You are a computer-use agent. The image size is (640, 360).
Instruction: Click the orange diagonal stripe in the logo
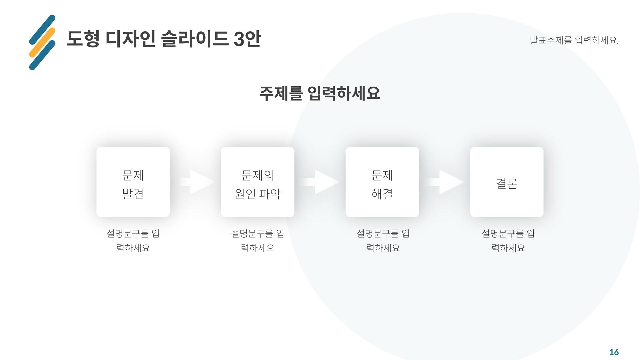click(42, 42)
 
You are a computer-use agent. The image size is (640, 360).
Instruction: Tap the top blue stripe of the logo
click(42, 29)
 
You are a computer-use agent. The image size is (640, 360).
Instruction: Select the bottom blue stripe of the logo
click(42, 55)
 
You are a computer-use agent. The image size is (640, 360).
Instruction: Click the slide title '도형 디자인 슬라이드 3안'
click(163, 39)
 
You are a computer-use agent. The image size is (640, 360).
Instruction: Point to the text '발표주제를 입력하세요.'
click(574, 40)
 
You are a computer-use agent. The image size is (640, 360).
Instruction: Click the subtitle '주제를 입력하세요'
click(320, 93)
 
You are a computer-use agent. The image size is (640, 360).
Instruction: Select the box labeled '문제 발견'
click(133, 182)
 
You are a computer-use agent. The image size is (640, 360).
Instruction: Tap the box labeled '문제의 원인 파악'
click(257, 182)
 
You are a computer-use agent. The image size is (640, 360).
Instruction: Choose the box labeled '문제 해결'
click(382, 182)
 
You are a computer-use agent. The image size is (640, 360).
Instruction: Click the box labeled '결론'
click(507, 182)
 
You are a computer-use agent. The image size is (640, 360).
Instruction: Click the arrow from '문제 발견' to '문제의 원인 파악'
click(197, 182)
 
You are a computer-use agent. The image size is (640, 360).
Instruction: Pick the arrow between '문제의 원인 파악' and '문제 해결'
click(321, 182)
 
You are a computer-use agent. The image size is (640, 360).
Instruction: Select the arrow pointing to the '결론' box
click(446, 182)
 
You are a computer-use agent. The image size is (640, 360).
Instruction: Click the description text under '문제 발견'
click(133, 240)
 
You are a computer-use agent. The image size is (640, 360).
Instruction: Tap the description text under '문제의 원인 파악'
click(257, 240)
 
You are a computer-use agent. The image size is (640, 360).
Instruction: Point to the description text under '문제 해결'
click(383, 240)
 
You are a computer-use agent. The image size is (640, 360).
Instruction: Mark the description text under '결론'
click(508, 240)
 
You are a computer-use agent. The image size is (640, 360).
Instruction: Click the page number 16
click(614, 352)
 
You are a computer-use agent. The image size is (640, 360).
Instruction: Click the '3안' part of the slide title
click(247, 39)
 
